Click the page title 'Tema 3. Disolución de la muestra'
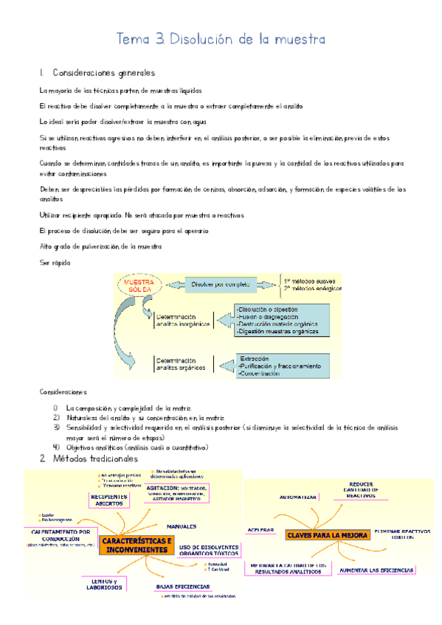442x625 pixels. coord(221,38)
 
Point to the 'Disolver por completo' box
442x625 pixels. coord(221,284)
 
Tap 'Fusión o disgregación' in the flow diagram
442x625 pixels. coord(265,296)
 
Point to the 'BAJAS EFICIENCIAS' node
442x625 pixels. coord(182,587)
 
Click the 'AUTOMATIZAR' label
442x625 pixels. coord(298,497)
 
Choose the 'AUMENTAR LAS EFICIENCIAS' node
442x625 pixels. coord(376,570)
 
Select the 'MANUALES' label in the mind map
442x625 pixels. coord(181,527)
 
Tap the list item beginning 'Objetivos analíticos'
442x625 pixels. coord(137,447)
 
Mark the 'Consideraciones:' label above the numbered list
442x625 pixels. coord(63,392)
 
